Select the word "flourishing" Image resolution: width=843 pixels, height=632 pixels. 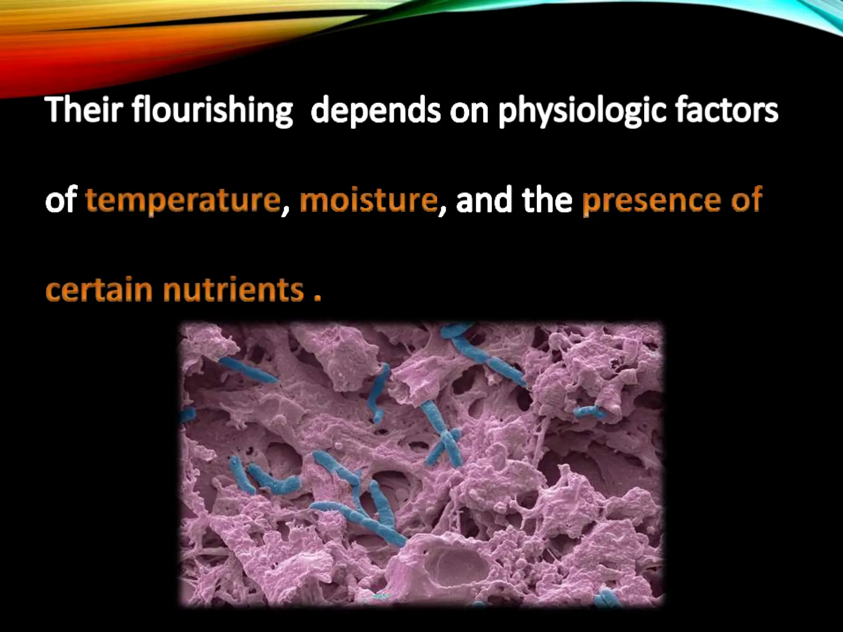pyautogui.click(x=212, y=111)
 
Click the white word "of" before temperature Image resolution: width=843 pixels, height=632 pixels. pyautogui.click(x=61, y=200)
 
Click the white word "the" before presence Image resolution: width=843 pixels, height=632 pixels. pyautogui.click(x=547, y=200)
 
